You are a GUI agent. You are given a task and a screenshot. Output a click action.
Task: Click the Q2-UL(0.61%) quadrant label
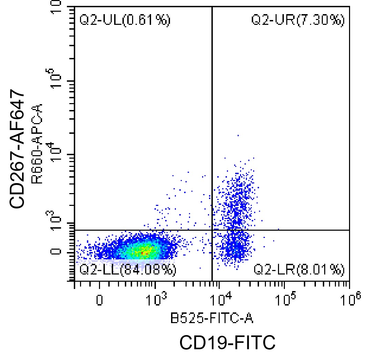tap(125, 21)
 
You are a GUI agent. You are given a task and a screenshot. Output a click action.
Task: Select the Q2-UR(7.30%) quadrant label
tap(298, 21)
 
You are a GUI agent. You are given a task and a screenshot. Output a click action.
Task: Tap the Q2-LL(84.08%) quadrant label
tap(128, 270)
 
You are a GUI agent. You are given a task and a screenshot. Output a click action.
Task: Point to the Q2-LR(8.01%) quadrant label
tap(299, 270)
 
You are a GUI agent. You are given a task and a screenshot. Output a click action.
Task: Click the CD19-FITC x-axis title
tap(228, 343)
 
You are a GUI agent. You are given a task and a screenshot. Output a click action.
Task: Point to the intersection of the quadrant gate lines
tap(211, 230)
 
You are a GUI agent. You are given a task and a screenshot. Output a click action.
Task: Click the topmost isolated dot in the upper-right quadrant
tap(238, 136)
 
